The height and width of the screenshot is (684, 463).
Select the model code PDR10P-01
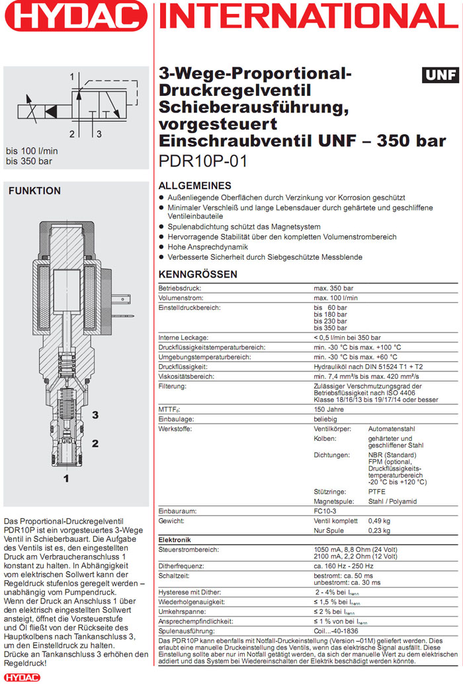point(202,161)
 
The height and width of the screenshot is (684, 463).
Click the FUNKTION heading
point(34,191)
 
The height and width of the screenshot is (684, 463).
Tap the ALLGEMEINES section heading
point(195,186)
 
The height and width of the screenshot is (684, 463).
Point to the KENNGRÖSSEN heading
point(198,274)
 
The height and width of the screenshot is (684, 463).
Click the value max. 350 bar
point(333,289)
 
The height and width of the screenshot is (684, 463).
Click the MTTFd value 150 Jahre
point(329,409)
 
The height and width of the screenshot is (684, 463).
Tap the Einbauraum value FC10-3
point(325,512)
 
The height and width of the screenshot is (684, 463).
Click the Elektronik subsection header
point(175,540)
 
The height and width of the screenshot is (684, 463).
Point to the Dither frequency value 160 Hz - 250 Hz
point(343,566)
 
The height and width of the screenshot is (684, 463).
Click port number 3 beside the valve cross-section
point(95,415)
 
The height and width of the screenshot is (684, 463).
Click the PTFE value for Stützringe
point(377,492)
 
